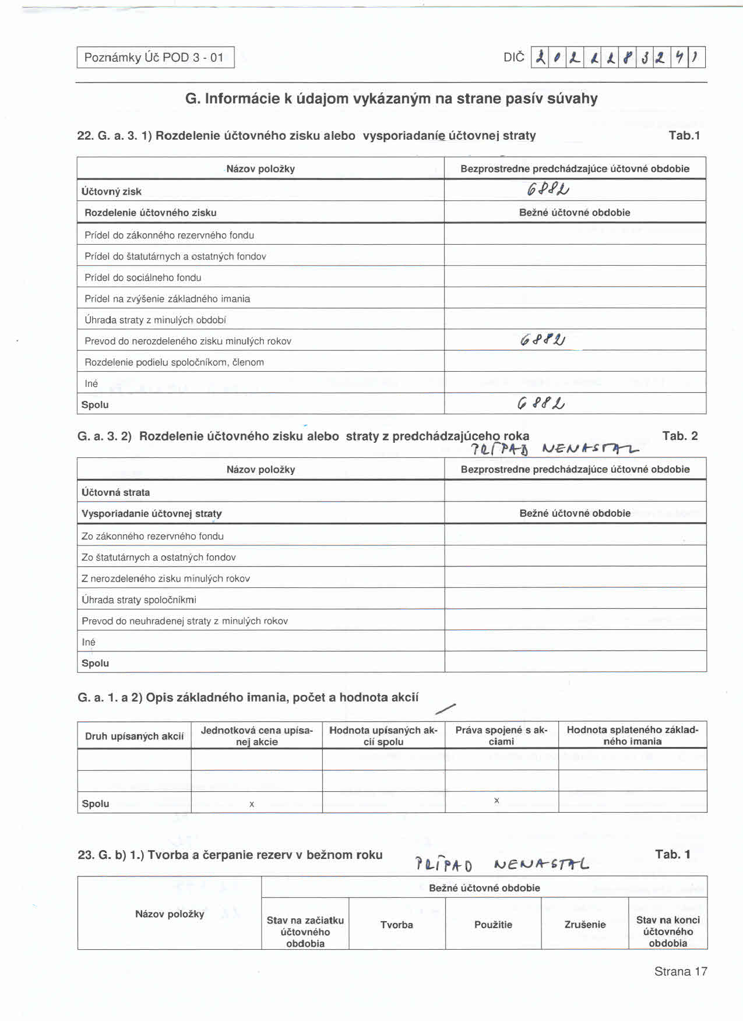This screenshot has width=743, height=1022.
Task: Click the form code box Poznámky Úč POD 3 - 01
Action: click(x=155, y=58)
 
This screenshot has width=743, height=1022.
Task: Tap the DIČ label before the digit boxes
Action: click(x=513, y=58)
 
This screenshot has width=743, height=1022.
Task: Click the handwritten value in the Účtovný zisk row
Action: click(x=548, y=189)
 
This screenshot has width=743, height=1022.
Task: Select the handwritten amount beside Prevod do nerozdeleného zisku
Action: click(x=543, y=340)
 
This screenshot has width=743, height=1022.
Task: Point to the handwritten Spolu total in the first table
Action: click(x=541, y=403)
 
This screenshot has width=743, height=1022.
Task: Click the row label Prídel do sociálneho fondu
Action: click(x=143, y=278)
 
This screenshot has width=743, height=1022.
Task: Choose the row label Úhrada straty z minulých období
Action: click(x=155, y=320)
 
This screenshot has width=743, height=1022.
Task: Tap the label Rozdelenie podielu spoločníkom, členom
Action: click(x=174, y=362)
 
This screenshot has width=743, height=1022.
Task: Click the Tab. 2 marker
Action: click(x=679, y=436)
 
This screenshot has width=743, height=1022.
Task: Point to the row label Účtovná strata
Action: click(x=115, y=492)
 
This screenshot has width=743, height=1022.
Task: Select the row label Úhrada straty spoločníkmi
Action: click(x=139, y=600)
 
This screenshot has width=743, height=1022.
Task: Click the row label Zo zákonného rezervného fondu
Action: click(x=152, y=536)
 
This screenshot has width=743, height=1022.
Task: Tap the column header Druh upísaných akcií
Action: click(x=134, y=736)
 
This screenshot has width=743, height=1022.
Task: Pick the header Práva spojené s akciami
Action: click(x=501, y=736)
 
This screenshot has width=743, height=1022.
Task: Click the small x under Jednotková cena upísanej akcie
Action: click(x=252, y=805)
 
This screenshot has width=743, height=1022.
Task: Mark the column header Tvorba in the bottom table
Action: click(x=396, y=925)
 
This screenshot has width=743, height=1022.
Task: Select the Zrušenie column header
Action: click(x=584, y=925)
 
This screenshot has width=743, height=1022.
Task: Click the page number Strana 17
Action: click(x=680, y=971)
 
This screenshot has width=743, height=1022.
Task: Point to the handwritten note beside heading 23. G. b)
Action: click(x=501, y=864)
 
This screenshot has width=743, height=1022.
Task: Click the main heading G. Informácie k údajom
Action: click(x=391, y=98)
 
